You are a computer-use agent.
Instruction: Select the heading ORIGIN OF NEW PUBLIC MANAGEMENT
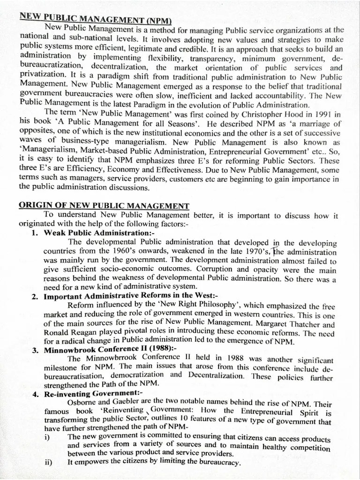pyautogui.click(x=104, y=206)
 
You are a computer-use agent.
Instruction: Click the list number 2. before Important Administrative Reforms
pyautogui.click(x=36, y=296)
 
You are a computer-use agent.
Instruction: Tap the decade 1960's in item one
pyautogui.click(x=122, y=251)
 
